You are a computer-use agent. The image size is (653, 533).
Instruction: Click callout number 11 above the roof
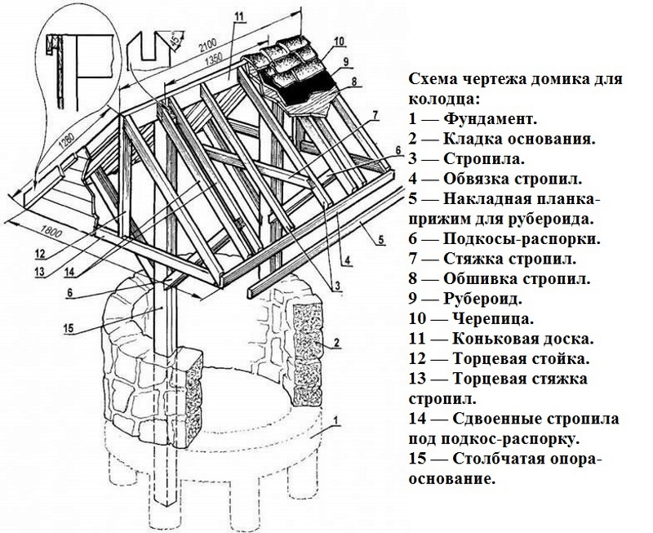point(238,17)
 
